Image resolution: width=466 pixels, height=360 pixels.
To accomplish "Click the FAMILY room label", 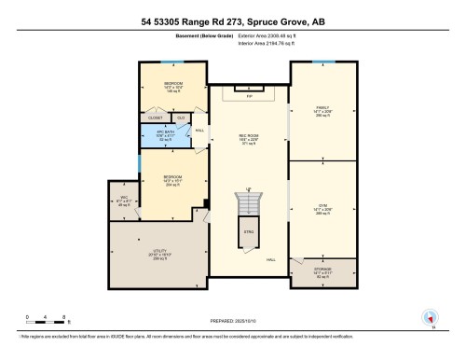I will pyautogui.click(x=323, y=107).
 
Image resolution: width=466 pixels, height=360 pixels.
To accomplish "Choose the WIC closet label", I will pyautogui.click(x=123, y=198).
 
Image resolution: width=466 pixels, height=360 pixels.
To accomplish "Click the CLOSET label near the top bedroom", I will pyautogui.click(x=156, y=118).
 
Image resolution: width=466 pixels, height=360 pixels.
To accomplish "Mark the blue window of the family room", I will pyautogui.click(x=323, y=62).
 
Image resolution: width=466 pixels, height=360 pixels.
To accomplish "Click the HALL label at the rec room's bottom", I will pyautogui.click(x=271, y=259).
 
